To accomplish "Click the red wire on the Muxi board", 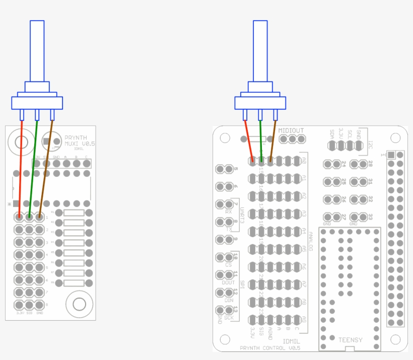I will coord(21,166).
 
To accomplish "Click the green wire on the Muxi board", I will coord(33,166).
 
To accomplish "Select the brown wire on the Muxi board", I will coord(46,166).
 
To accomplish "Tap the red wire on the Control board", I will coord(248,141).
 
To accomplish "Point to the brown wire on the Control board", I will coord(272,141).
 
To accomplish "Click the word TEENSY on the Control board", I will coord(351,340).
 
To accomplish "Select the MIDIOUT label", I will coord(291,130).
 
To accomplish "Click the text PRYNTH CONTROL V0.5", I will coord(270,348).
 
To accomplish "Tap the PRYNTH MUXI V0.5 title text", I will coord(80,140).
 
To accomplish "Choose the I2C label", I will coord(371,143).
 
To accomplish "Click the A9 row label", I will coord(304,319).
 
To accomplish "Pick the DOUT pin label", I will coord(228,282).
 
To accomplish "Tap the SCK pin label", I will coord(229,318).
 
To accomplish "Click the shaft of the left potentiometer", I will coord(37,50).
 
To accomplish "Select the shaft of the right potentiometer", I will coord(260,50).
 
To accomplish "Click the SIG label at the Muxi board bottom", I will coord(29,313).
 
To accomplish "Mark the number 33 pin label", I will coord(370,217).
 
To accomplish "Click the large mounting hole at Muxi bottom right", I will coord(79,304).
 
